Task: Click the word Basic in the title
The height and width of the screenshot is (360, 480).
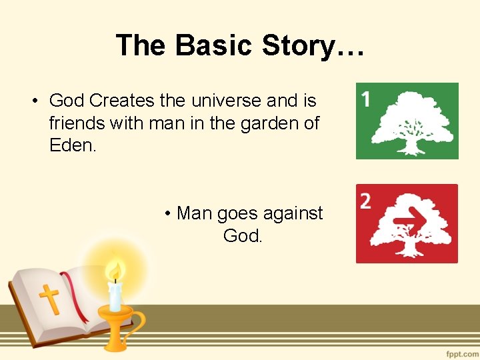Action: pyautogui.click(x=214, y=45)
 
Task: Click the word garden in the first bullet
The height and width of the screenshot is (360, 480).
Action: pyautogui.click(x=270, y=123)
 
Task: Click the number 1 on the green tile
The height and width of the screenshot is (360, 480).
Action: pyautogui.click(x=366, y=100)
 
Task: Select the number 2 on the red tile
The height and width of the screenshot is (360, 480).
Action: pyautogui.click(x=365, y=201)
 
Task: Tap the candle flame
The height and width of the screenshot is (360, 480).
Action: pyautogui.click(x=116, y=271)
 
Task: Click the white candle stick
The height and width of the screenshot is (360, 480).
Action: pyautogui.click(x=116, y=296)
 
